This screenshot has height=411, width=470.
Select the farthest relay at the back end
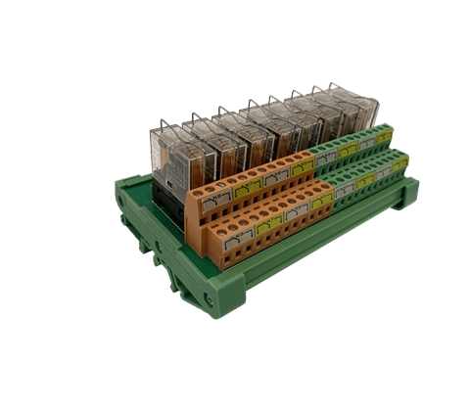[x=353, y=110]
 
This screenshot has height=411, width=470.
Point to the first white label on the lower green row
[x=343, y=191]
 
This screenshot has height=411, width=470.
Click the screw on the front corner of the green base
[x=210, y=294]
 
